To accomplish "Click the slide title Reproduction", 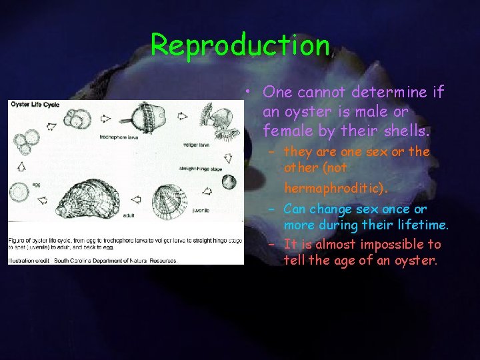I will click(x=241, y=45).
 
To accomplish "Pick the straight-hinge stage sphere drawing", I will click(x=229, y=181).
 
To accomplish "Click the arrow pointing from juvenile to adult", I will click(x=137, y=198).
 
